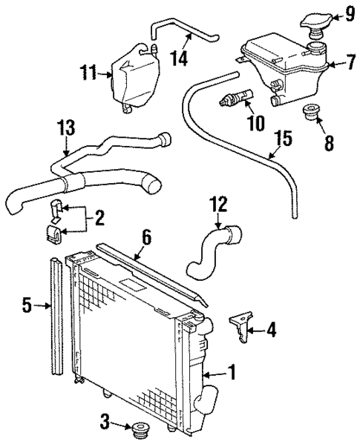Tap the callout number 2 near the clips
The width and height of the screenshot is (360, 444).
coord(99,217)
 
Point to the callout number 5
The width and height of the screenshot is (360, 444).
coord(26,304)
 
